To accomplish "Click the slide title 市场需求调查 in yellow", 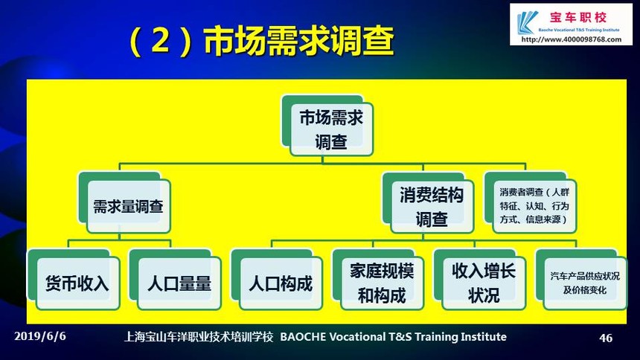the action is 298,40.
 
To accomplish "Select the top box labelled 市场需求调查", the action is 327,126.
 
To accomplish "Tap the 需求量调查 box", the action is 124,202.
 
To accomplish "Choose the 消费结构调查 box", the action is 428,203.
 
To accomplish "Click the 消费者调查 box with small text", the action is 530,203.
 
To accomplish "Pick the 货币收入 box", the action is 74,280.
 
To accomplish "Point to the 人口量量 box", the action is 176,280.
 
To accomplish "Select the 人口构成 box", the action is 277,280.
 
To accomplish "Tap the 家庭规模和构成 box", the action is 378,280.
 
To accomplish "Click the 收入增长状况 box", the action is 480,280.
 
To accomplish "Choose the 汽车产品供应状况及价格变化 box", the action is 581,280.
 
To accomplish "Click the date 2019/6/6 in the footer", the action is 40,336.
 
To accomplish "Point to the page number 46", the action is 606,338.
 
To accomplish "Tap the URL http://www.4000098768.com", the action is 572,39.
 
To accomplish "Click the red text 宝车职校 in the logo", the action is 578,18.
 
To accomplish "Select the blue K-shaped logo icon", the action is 527,23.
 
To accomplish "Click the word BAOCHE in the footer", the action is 303,337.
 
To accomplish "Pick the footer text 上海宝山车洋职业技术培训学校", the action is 199,337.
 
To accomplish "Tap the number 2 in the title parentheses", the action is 161,41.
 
